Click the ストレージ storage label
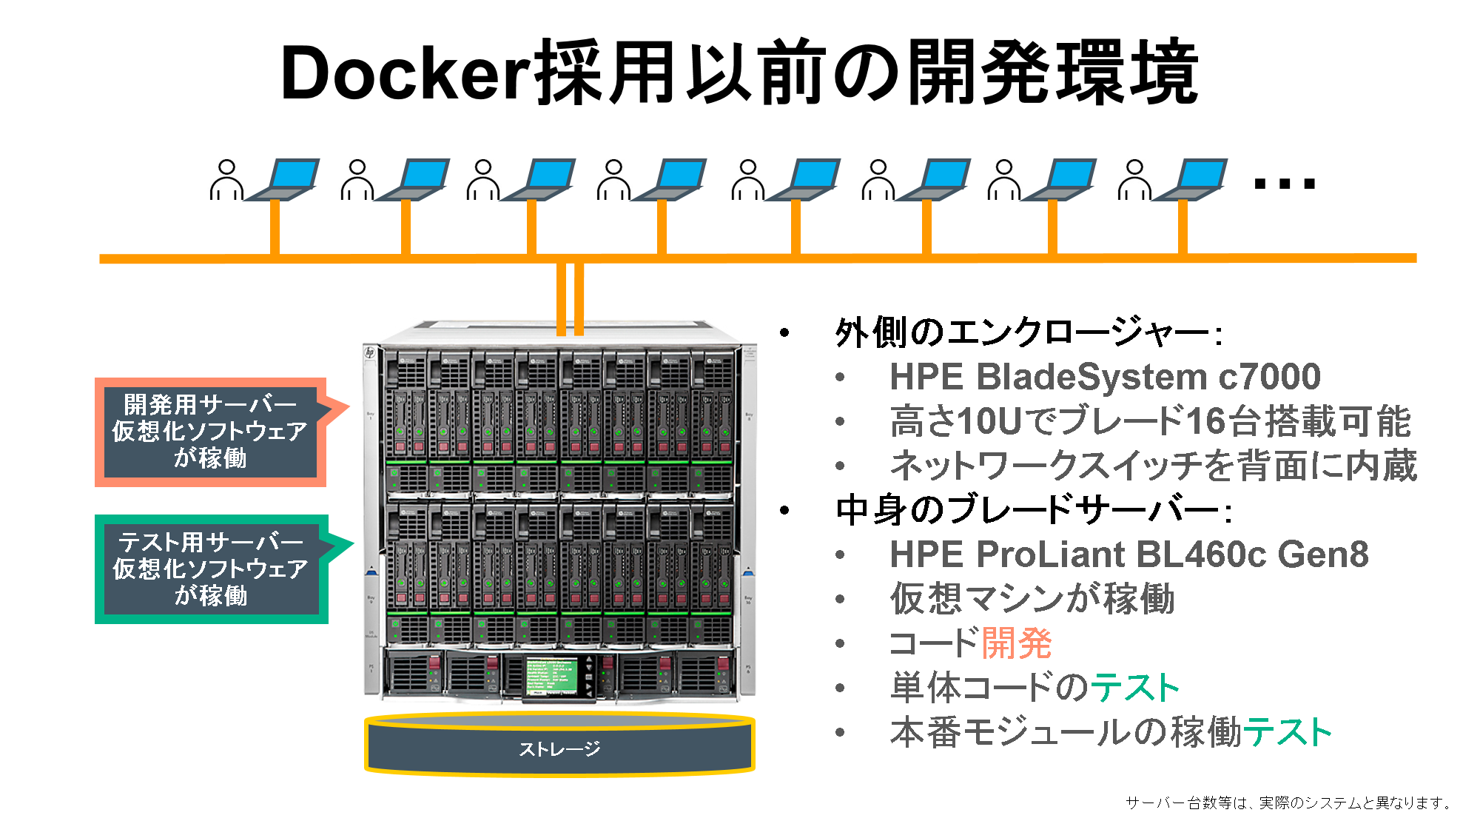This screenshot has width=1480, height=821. tap(559, 749)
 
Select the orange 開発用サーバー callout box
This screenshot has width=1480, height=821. tap(210, 432)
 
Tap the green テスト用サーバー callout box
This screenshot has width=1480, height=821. tap(212, 569)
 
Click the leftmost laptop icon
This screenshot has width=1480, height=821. tap(285, 180)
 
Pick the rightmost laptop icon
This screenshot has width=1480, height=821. tap(1193, 180)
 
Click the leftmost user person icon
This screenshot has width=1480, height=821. tap(226, 179)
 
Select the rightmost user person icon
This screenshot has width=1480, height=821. tap(1134, 179)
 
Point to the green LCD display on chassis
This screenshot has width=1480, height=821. tap(551, 674)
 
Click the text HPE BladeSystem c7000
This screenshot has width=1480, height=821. tap(1105, 377)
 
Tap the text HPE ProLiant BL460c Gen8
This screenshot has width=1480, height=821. tap(1128, 554)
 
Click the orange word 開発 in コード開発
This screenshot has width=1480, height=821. tap(1017, 643)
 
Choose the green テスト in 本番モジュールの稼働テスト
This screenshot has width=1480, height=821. tap(1288, 732)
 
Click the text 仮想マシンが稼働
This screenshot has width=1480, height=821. tap(1032, 598)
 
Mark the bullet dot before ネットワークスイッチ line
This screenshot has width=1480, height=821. tap(840, 466)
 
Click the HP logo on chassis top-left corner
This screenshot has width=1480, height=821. tap(370, 353)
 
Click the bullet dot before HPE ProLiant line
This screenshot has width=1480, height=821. tap(840, 554)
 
